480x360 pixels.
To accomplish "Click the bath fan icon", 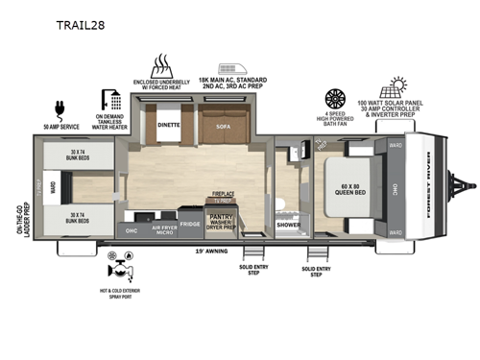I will click(x=336, y=99).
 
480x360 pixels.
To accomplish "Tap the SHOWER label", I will click(x=289, y=226).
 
